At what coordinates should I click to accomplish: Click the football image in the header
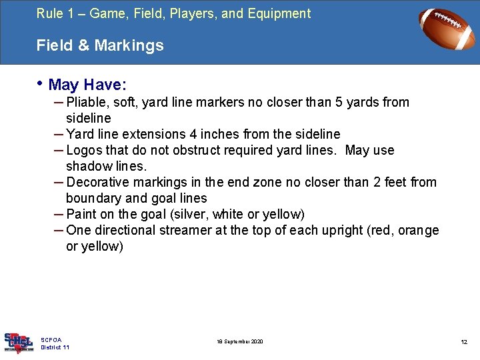pos(447,29)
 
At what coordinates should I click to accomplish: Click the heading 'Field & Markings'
pos(100,45)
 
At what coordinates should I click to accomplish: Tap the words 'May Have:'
pos(88,85)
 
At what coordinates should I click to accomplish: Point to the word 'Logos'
pos(85,151)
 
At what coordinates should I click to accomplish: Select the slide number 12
pos(464,342)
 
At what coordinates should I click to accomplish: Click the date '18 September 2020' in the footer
pos(240,342)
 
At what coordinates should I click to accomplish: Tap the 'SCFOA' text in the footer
pos(51,340)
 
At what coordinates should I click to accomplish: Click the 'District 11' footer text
pos(55,347)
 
